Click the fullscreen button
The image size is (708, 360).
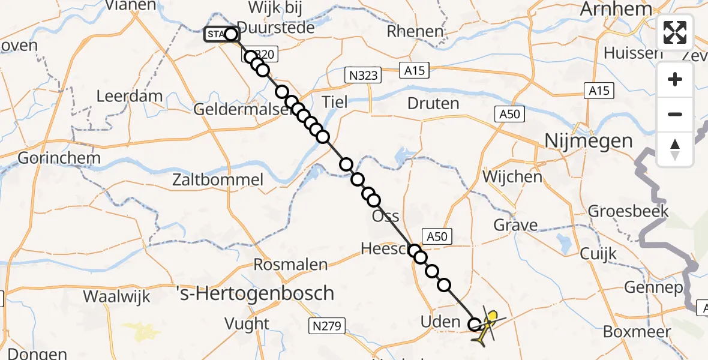pos(675,32)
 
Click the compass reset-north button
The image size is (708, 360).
pos(675,149)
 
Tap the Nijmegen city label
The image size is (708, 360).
pos(580,141)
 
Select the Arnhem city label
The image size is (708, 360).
pos(616,9)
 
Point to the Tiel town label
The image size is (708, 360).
pos(334,101)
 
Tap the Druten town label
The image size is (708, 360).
pos(433,103)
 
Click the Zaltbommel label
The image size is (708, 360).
pos(218,179)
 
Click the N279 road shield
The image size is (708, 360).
pos(328,326)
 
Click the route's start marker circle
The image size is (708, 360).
pos(231,34)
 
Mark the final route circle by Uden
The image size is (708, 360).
pos(475,325)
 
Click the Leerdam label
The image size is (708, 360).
pos(130,96)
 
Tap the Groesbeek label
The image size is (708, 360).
pos(628,211)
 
